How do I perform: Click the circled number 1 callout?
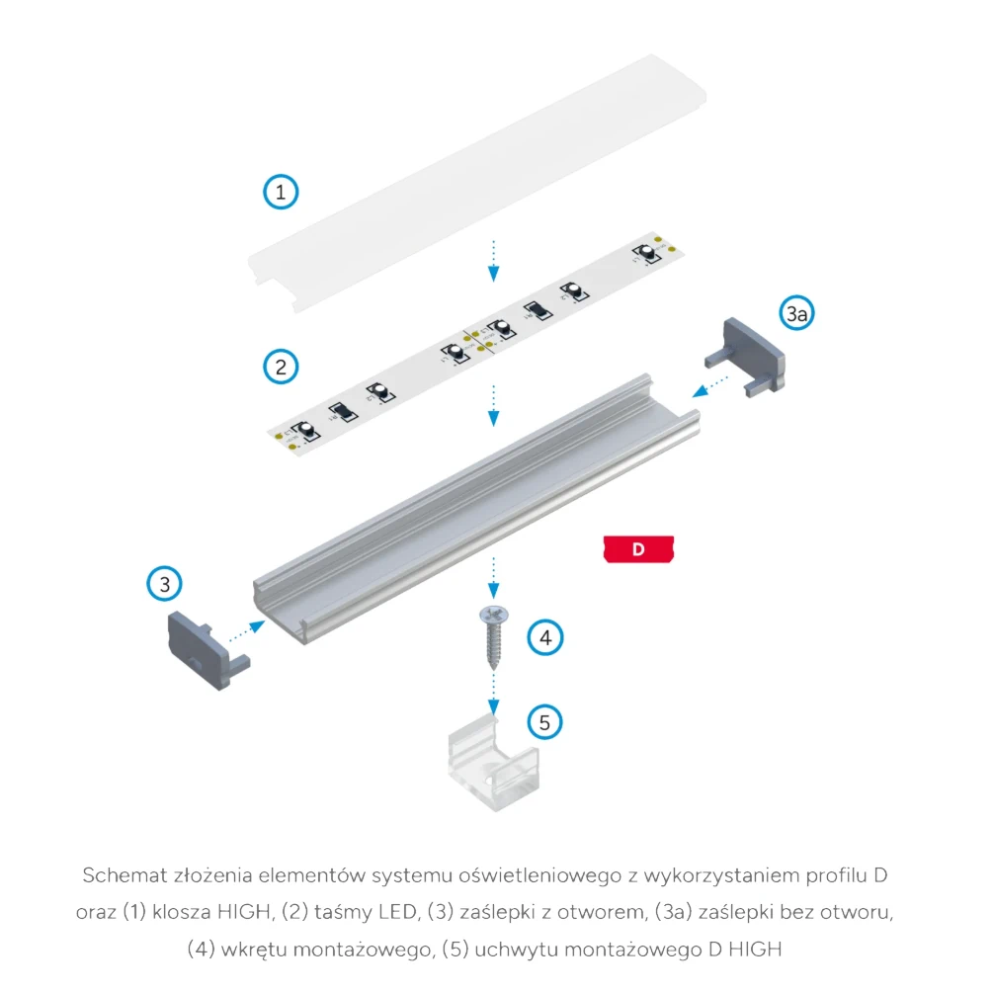point(282,192)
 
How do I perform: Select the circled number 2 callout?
point(282,368)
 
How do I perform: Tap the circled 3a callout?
point(797,314)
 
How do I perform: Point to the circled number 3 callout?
point(165,584)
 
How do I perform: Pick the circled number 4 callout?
point(544,637)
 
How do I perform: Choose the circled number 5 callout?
point(544,722)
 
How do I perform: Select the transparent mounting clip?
point(491,767)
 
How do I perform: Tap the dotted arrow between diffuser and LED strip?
point(493,260)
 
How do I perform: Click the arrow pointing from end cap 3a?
point(713,388)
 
